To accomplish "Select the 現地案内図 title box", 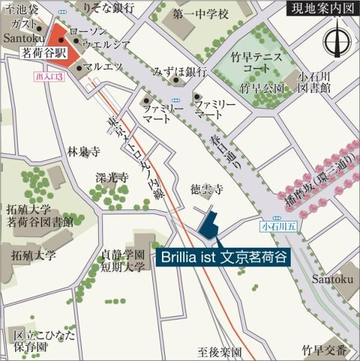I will pyautogui.click(x=320, y=10).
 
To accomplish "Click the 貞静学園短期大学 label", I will pyautogui.click(x=123, y=260).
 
